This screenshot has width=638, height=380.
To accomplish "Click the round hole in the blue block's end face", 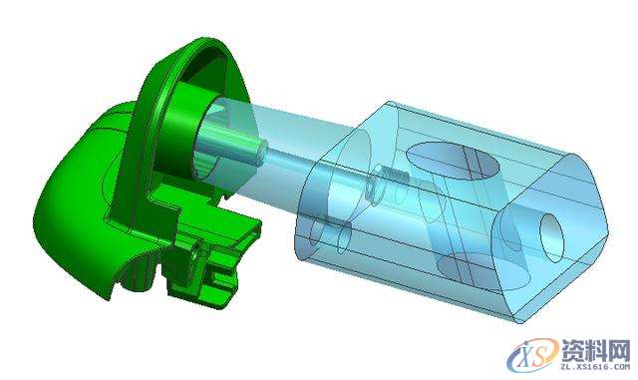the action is [551, 237].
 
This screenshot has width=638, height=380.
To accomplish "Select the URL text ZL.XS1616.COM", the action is [595, 367].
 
